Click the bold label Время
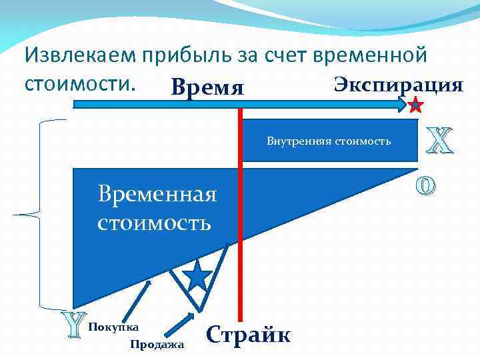[x=207, y=87]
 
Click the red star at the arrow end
[x=415, y=104]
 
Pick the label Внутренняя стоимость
[x=329, y=141]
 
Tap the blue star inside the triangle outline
[x=197, y=275]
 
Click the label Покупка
[x=113, y=327]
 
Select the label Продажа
[x=157, y=344]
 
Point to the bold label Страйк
[x=249, y=333]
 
